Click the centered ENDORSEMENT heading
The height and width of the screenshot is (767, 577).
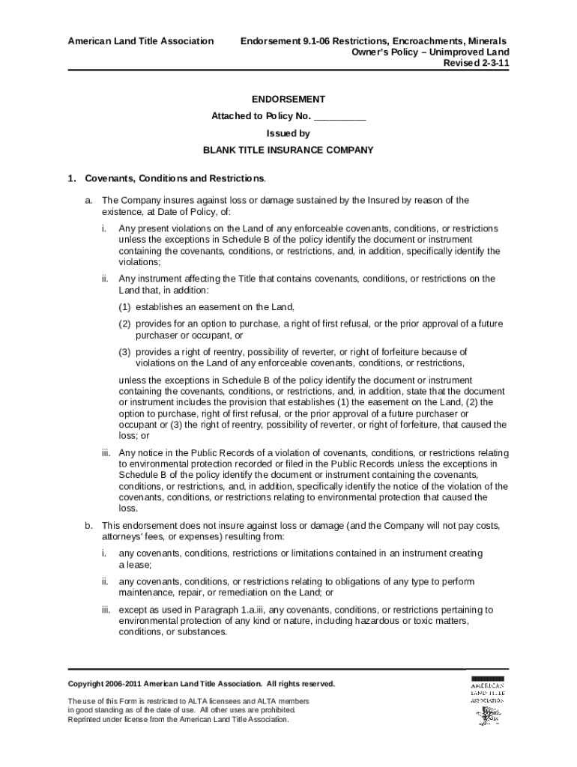288,99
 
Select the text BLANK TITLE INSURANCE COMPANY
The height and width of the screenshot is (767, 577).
288,150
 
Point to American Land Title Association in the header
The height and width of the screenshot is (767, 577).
140,40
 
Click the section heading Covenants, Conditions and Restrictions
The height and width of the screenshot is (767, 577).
175,179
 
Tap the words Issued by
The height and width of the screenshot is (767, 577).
288,133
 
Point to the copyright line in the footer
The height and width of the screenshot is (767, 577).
202,684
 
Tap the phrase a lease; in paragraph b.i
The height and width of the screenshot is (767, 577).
136,565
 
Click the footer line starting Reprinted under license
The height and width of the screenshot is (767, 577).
178,720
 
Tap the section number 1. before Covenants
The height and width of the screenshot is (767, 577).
72,179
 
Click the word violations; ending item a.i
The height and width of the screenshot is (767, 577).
140,263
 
